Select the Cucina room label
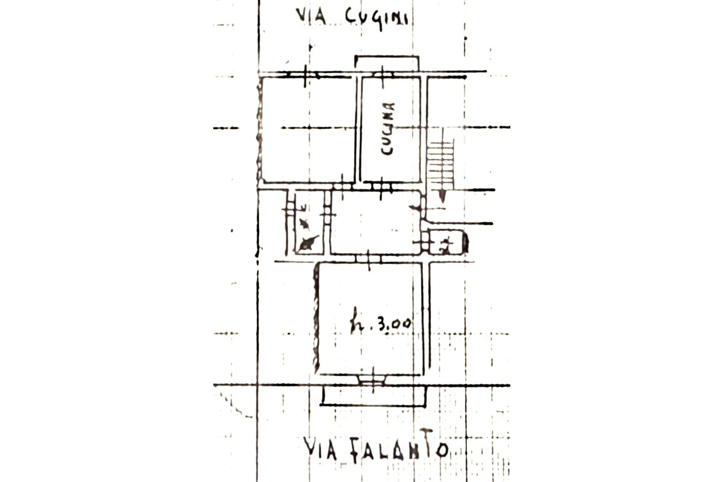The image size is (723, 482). [389, 129]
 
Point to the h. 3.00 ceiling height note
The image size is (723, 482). [381, 325]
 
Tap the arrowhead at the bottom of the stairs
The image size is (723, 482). [442, 196]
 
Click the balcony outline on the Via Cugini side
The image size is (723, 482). [387, 60]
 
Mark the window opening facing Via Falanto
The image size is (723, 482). [372, 380]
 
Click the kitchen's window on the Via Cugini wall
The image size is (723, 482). [383, 74]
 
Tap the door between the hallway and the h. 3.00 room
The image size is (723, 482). [369, 258]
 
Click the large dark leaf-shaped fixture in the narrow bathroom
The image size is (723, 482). [308, 243]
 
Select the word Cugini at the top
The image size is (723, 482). [376, 17]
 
